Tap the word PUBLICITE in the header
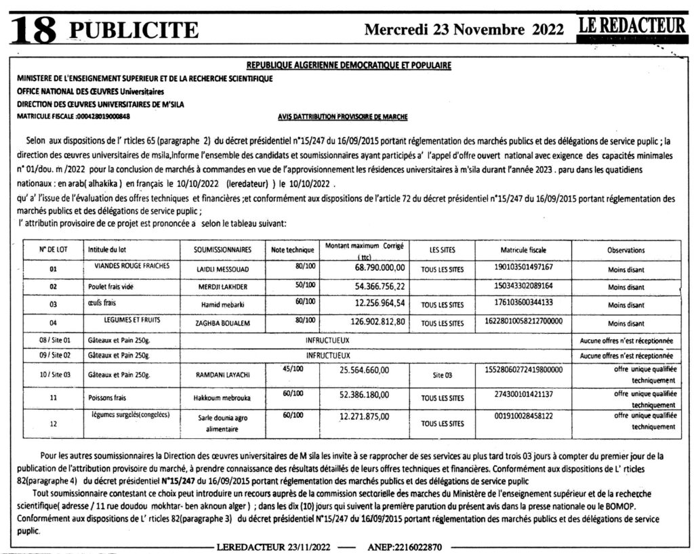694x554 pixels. pos(134,30)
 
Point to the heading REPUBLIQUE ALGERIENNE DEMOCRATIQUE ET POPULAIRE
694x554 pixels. pos(349,66)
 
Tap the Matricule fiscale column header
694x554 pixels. pos(524,250)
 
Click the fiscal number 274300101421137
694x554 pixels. pos(524,393)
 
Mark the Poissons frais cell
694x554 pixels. pos(107,398)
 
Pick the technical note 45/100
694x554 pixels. pos(293,369)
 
